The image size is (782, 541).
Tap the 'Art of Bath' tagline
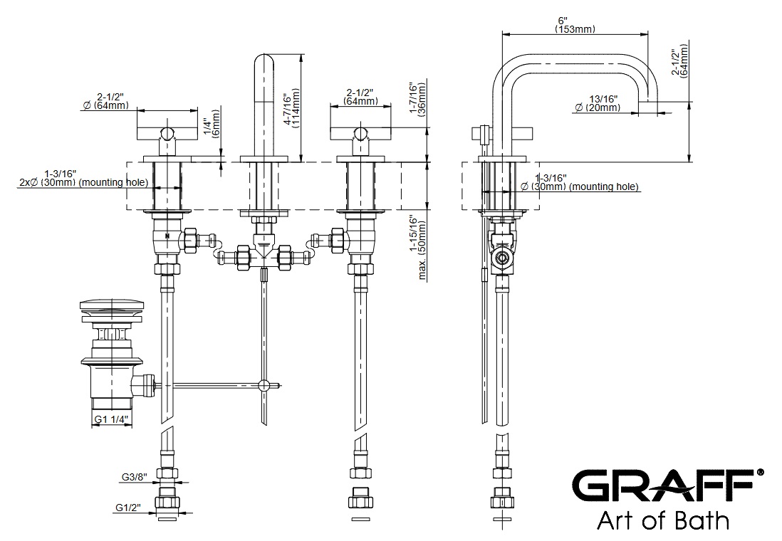tap(662, 520)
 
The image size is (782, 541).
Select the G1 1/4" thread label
tap(110, 420)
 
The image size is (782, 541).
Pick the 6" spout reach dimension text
tap(575, 21)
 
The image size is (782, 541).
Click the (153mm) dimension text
tap(575, 30)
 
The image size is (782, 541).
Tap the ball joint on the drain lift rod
tap(264, 386)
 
